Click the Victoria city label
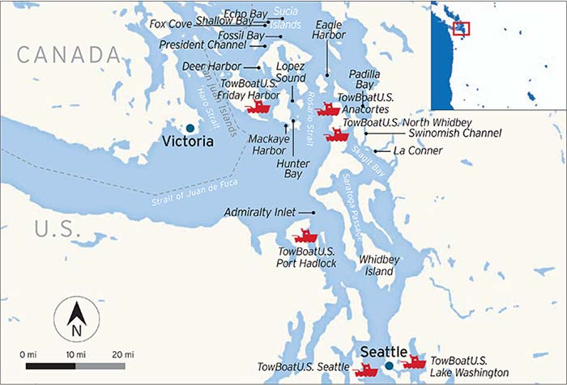(x=187, y=142)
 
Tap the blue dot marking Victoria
(x=189, y=128)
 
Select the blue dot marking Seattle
(x=389, y=366)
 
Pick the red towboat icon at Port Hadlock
(x=305, y=236)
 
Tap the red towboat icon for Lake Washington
(x=413, y=362)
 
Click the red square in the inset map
(x=461, y=28)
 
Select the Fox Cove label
(x=171, y=24)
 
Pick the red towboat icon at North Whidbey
(x=336, y=134)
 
